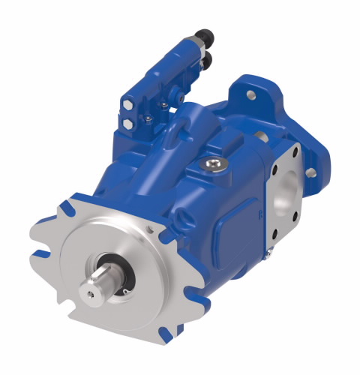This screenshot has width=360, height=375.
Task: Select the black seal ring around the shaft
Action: tap(121, 271)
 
